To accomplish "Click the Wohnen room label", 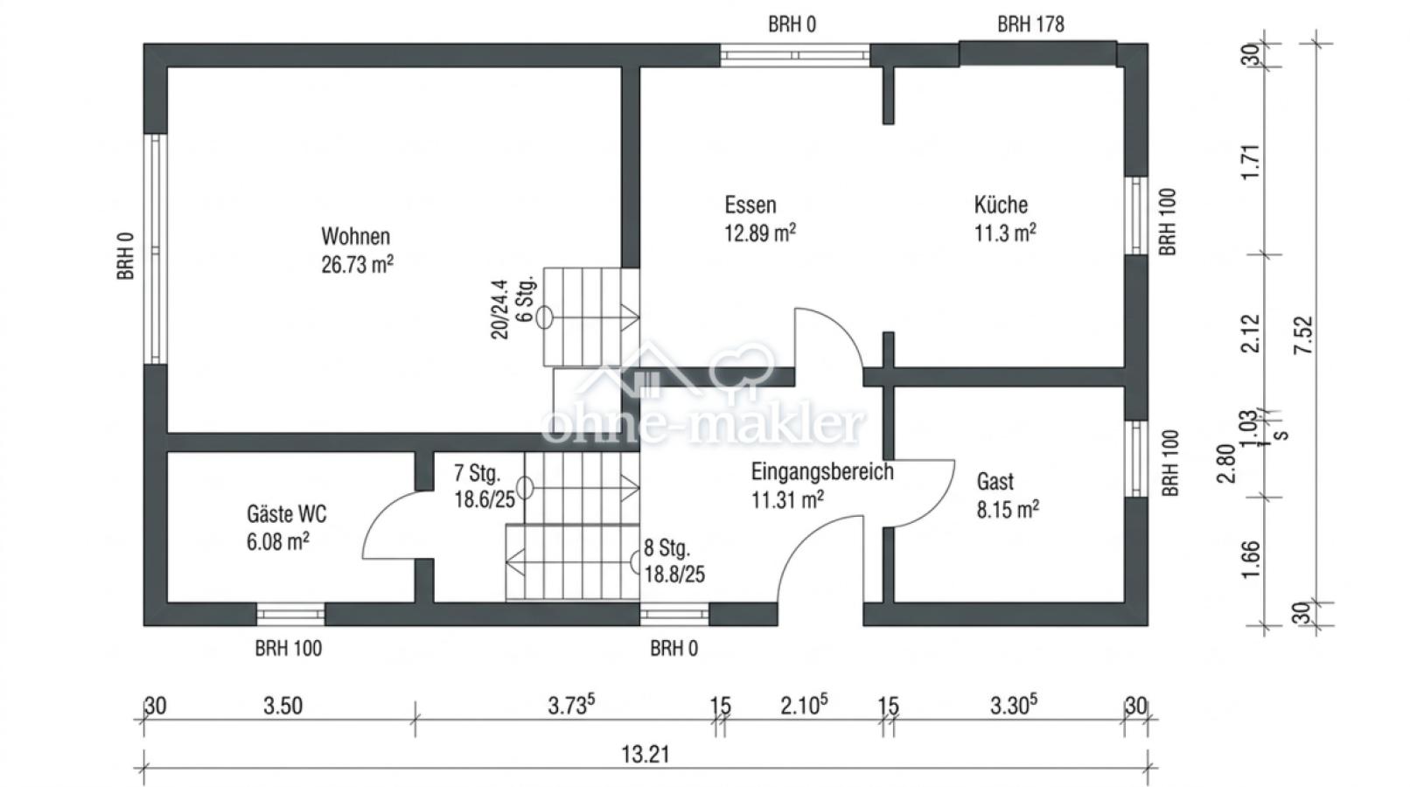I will coord(355,236).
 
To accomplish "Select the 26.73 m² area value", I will coord(357,265).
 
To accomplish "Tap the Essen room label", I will coord(750,205).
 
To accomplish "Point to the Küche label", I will coord(1001,205).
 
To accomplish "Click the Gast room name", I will coord(995,481).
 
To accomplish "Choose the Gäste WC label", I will coord(287,513).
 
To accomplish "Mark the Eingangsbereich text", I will coord(822,471).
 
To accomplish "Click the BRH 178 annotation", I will coord(1030,24).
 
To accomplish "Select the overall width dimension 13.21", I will coord(645,754).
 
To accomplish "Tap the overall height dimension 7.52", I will coord(1304,334).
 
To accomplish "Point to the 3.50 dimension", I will coord(283,706).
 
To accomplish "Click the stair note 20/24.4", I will coord(499,310).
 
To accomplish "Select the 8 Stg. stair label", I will coord(667,548).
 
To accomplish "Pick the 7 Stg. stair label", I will coord(477,474).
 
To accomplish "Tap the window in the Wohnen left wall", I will coord(155,248).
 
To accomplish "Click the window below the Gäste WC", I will coord(290,614).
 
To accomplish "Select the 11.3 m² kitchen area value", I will coord(1005,233).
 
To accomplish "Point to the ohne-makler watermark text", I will coord(704,426).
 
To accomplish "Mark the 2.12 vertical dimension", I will coord(1252,333).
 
